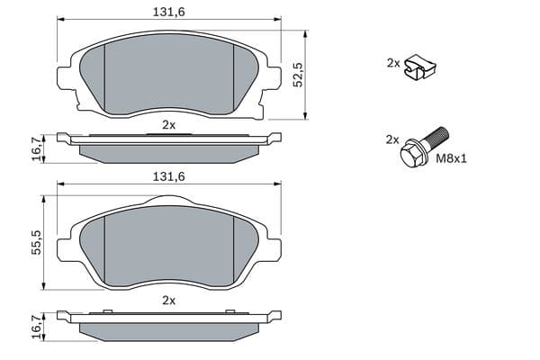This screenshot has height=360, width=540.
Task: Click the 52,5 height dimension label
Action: pos(297,75)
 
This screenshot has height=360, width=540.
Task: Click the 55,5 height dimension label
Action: pos(36,242)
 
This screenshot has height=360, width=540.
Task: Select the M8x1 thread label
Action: pos(452,158)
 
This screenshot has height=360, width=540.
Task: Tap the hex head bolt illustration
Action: pos(424,148)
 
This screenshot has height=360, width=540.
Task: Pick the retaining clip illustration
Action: pos(420,67)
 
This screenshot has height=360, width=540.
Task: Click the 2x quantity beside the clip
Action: pos(393,63)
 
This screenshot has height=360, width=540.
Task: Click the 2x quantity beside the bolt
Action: pos(392,139)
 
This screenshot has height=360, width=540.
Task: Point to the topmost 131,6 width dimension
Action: pos(169,12)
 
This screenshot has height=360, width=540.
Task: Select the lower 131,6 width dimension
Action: pos(169,176)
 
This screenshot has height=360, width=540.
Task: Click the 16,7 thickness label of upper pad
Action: pos(37,148)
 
